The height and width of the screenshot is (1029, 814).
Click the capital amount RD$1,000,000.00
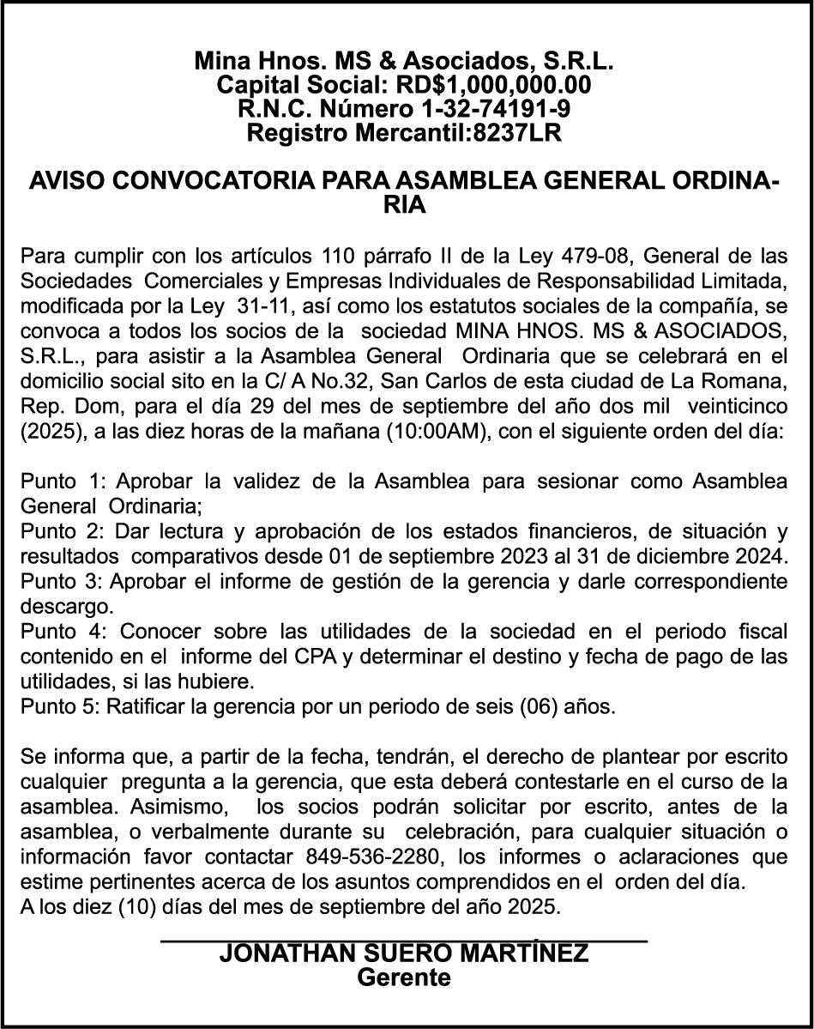pyautogui.click(x=493, y=85)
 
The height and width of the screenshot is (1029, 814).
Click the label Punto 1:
pyautogui.click(x=61, y=481)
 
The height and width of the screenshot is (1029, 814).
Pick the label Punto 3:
pyautogui.click(x=61, y=582)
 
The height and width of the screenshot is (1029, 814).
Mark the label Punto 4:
pyautogui.click(x=61, y=633)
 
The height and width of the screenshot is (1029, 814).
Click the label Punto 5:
pyautogui.click(x=61, y=708)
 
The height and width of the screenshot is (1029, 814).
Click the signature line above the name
pyautogui.click(x=403, y=941)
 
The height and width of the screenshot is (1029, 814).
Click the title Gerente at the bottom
pyautogui.click(x=403, y=978)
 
